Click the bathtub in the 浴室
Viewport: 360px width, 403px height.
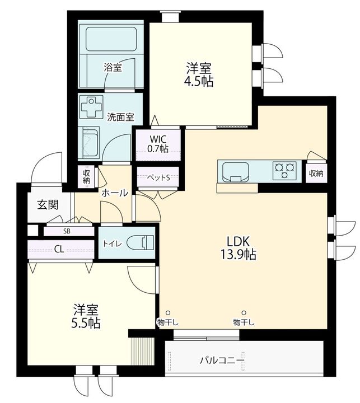[111, 39]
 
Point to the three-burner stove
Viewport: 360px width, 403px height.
[284, 170]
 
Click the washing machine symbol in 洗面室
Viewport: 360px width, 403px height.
[91, 107]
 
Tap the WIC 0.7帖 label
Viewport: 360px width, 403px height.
[158, 144]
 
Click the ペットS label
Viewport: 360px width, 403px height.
[158, 177]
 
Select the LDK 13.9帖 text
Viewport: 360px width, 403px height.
[238, 248]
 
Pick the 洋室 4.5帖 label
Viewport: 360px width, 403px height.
[199, 74]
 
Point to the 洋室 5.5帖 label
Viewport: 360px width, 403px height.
[86, 317]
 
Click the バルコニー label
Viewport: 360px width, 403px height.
[222, 360]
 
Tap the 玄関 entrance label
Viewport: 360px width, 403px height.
[48, 205]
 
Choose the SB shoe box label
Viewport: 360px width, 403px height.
[67, 231]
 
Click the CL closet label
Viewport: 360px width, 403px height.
[59, 249]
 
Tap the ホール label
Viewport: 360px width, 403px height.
[115, 193]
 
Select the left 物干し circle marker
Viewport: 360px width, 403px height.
[168, 313]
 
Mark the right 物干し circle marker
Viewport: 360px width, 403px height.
[244, 313]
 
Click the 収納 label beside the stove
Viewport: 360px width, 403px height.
[316, 174]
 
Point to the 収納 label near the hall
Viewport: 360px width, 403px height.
[86, 177]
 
